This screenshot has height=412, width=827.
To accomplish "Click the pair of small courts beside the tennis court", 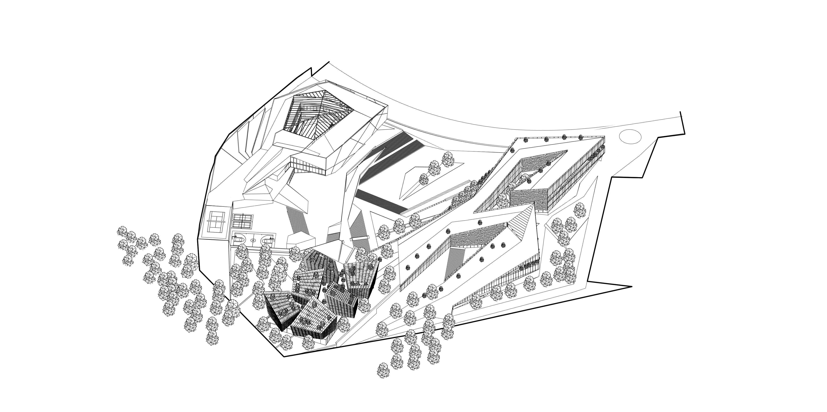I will (x=242, y=221).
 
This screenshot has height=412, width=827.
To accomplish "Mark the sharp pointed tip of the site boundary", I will (x=631, y=287).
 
